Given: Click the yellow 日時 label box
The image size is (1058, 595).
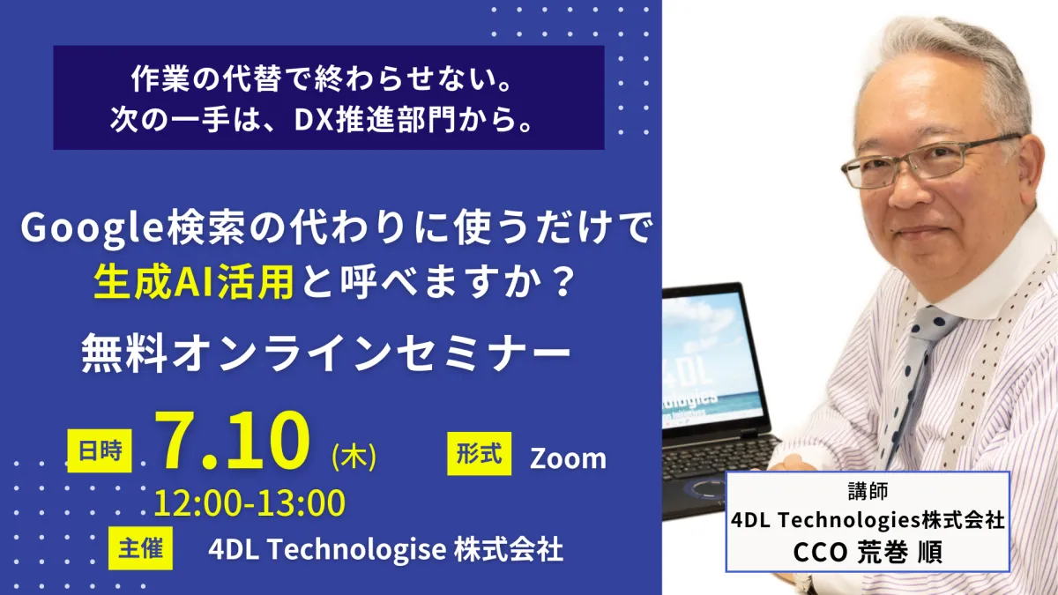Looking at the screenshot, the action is (x=99, y=450).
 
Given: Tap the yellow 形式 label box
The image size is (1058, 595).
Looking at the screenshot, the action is (x=479, y=453).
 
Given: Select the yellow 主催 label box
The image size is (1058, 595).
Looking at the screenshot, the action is (x=140, y=548).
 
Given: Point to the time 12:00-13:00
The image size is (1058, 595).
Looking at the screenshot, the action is (x=250, y=503).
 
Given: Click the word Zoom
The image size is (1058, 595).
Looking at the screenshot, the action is (x=568, y=458).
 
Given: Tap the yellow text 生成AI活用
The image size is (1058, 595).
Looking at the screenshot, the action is (x=194, y=282).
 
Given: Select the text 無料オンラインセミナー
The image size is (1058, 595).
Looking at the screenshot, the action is (x=326, y=353).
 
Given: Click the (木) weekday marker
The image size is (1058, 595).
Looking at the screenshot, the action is (x=354, y=457).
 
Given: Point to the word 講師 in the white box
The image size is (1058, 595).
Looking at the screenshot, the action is (x=868, y=491).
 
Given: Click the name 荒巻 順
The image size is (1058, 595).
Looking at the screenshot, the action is (x=900, y=552).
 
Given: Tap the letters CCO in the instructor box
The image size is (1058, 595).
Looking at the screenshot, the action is (x=820, y=552).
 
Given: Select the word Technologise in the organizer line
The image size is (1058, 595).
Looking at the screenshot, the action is (x=357, y=549).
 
